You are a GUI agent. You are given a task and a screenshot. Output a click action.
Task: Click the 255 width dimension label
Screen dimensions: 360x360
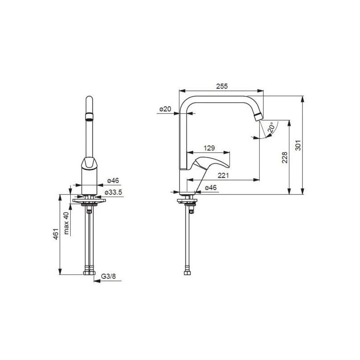tap(222, 86)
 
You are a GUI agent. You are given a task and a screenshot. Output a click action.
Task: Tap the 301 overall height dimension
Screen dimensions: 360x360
tap(298, 145)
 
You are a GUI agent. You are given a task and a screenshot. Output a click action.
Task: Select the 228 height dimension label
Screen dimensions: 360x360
tap(285, 157)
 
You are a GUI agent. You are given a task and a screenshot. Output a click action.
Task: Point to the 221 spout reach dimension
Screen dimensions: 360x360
tap(223, 175)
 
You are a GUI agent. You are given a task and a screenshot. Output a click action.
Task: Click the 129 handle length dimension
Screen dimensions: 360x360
tap(209, 148)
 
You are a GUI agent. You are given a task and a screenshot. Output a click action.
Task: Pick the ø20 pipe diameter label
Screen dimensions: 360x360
tap(165, 109)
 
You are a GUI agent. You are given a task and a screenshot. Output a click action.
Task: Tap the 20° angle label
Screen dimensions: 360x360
tap(271, 127)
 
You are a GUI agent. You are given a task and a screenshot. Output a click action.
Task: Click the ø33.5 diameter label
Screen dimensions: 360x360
tap(113, 193)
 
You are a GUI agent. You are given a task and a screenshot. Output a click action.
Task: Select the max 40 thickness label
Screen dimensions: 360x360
tap(66, 223)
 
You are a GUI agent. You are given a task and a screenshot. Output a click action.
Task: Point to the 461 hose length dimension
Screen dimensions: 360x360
tap(56, 234)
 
